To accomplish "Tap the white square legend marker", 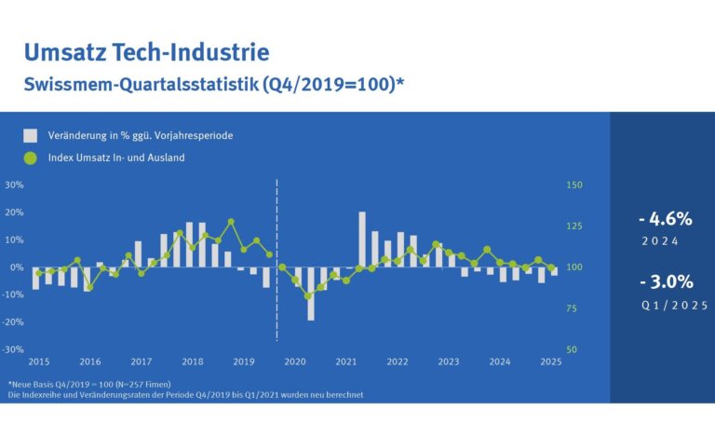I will click(x=31, y=135).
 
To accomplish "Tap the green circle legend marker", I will click(x=31, y=157).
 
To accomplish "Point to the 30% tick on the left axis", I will click(x=14, y=185).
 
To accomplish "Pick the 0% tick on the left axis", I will click(x=16, y=267).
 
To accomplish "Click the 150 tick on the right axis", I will click(x=574, y=185).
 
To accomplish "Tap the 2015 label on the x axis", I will click(x=39, y=362).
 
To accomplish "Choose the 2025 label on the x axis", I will click(x=550, y=362).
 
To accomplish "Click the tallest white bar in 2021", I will click(x=362, y=240).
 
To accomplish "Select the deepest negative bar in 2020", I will click(x=311, y=294).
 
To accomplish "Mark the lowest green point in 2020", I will click(x=308, y=296).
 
